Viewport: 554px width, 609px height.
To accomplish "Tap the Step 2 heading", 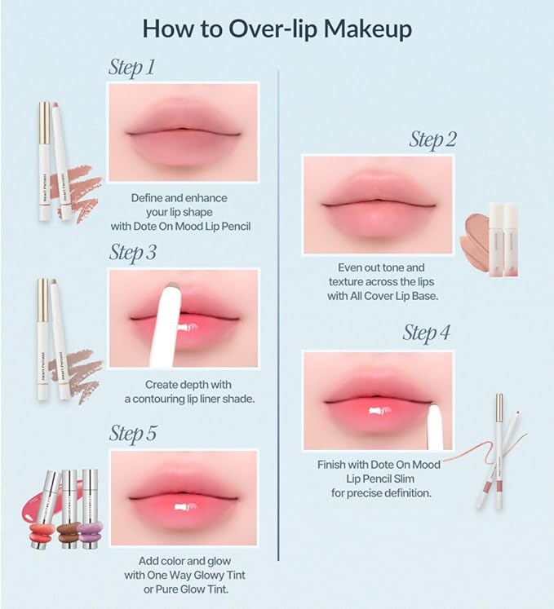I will (x=432, y=139).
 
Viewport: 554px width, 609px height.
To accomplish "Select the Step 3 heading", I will (x=132, y=253).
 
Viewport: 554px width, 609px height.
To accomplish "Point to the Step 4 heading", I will (x=427, y=333).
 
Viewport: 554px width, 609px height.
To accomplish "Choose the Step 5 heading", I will (x=132, y=434).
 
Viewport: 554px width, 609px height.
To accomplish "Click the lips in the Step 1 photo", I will (x=183, y=131).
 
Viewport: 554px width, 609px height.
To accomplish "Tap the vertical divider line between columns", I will (x=279, y=326).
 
